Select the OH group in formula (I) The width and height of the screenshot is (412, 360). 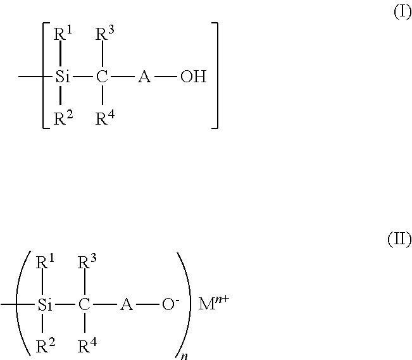point(194,77)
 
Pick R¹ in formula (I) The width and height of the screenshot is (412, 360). point(63,35)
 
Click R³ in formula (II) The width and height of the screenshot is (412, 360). point(87,263)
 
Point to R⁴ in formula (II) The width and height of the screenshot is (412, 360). point(87,346)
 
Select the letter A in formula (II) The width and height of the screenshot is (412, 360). point(127,305)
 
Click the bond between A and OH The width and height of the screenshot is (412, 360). point(166,77)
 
